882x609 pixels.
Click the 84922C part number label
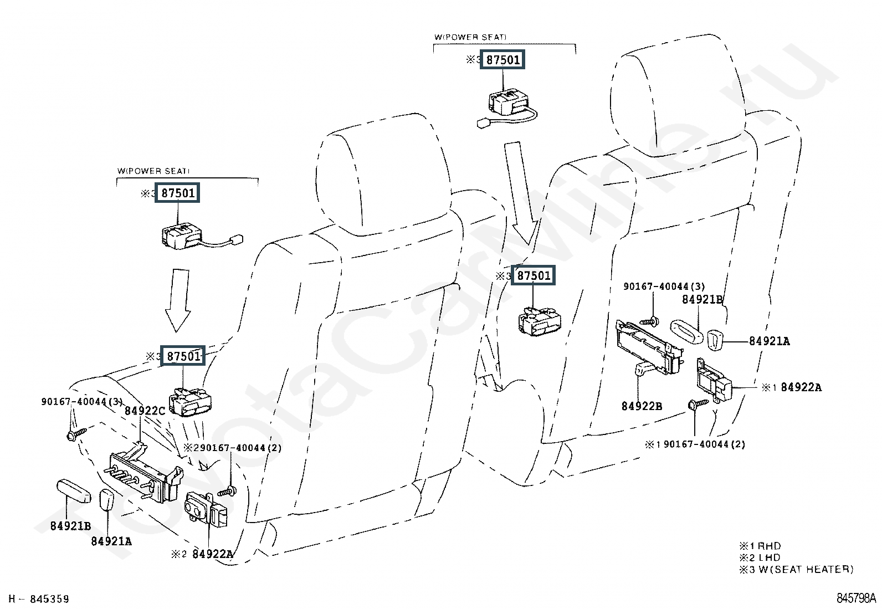(145, 411)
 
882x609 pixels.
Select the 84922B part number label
(642, 406)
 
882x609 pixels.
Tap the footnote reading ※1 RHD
(760, 546)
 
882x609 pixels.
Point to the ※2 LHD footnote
(760, 557)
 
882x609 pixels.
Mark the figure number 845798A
(856, 598)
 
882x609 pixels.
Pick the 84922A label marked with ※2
(213, 554)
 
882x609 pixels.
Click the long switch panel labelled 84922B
(648, 346)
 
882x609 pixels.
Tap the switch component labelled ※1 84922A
(715, 380)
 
